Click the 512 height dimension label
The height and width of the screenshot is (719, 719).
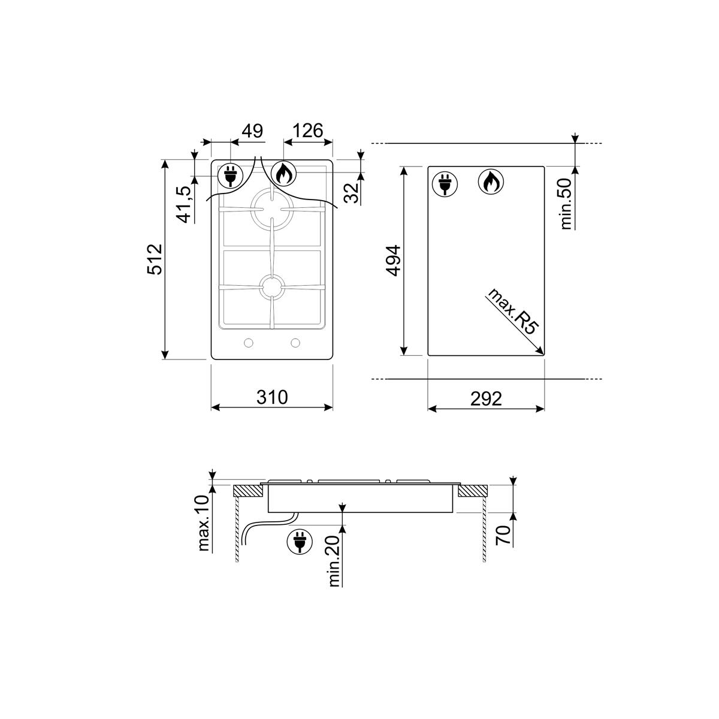[x=155, y=259]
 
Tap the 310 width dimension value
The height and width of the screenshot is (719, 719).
[x=272, y=397]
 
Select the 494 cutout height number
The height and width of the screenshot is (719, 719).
[x=393, y=261]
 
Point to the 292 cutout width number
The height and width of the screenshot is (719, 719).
[x=486, y=398]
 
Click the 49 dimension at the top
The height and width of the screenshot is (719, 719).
[x=253, y=131]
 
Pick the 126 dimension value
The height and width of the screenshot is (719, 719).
[x=307, y=131]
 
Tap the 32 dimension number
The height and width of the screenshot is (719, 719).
[x=352, y=192]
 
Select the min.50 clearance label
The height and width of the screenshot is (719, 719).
[x=566, y=204]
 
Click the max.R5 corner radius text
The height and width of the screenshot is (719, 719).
[x=513, y=312]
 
